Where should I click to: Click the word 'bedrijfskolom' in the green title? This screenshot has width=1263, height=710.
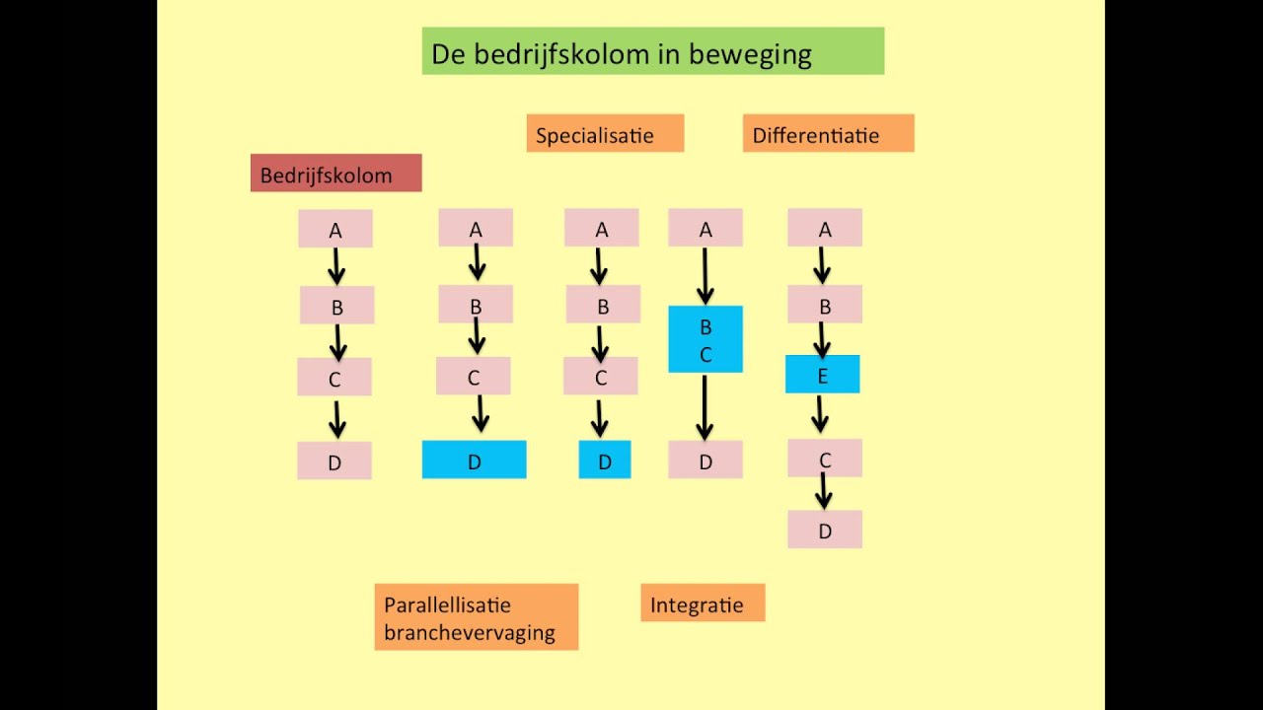[554, 54]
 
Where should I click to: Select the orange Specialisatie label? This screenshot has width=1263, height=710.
[604, 134]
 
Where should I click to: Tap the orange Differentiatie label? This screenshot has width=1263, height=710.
[828, 134]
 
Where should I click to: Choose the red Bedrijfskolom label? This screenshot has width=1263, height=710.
[335, 175]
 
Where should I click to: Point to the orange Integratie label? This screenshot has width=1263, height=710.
[702, 603]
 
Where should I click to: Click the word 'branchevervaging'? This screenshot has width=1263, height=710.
[470, 633]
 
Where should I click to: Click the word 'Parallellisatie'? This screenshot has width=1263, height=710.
[448, 604]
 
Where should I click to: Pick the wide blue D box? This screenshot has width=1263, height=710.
[474, 461]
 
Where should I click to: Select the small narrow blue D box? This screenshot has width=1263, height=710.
[604, 461]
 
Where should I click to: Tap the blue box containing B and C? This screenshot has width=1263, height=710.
[705, 339]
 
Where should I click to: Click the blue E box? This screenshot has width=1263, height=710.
[822, 375]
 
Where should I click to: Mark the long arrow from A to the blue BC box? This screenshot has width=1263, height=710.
[705, 276]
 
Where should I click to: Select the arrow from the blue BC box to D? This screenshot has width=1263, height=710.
[705, 406]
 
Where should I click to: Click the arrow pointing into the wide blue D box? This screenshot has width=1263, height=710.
[480, 413]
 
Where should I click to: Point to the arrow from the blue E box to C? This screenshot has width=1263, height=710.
[820, 414]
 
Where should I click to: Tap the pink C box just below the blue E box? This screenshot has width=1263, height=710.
[824, 459]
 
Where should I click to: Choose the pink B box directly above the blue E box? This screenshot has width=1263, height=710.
[824, 305]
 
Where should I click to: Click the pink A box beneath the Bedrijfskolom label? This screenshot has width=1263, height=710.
[334, 229]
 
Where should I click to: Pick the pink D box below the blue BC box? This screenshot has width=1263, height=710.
[705, 461]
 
